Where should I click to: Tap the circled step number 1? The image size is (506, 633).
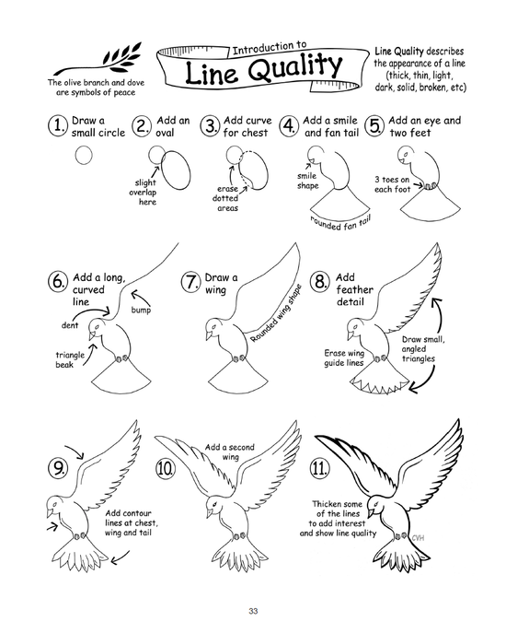(57, 127)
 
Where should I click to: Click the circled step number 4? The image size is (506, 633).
(289, 127)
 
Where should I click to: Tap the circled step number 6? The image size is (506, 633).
(57, 282)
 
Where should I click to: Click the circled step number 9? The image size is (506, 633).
(57, 468)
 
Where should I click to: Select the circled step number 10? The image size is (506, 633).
(166, 468)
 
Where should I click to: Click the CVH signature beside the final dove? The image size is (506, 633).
(422, 538)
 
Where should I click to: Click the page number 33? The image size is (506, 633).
(253, 611)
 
